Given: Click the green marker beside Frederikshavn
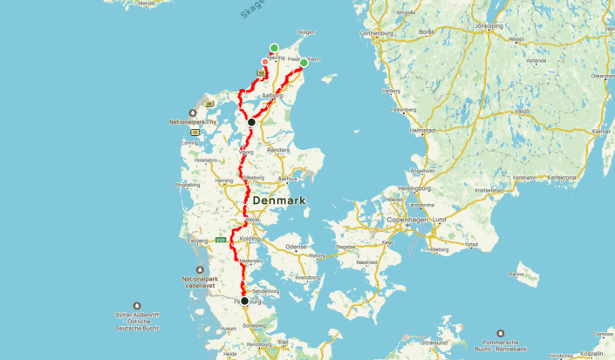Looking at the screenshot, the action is (x=304, y=63).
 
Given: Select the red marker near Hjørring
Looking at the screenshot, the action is (x=265, y=61).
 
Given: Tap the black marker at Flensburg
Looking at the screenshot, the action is (x=244, y=301).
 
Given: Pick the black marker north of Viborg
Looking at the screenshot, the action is (x=251, y=122).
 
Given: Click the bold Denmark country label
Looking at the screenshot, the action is (x=281, y=200).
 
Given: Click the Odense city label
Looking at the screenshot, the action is (x=297, y=247).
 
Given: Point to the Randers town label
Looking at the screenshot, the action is (x=277, y=150).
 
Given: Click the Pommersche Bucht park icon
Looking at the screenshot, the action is (x=501, y=333).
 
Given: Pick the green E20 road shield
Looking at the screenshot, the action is (x=221, y=237).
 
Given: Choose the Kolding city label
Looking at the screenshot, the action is (x=249, y=238).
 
